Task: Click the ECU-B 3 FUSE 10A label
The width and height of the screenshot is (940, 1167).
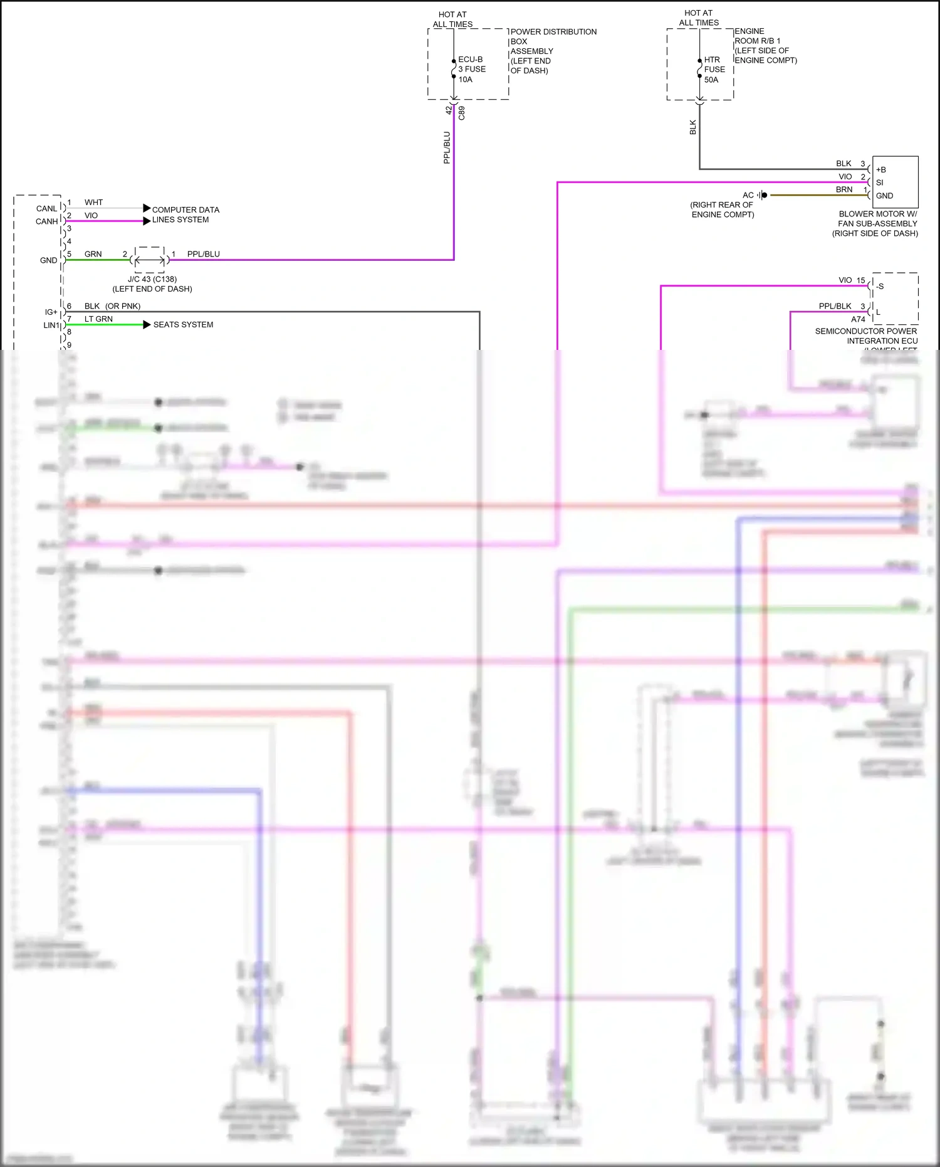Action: click(471, 69)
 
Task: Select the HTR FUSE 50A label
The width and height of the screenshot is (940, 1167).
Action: click(714, 70)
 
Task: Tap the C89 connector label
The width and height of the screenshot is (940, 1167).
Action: click(462, 113)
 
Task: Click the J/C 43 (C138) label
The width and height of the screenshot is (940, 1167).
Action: click(152, 279)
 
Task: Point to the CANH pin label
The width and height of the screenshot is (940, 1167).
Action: click(46, 221)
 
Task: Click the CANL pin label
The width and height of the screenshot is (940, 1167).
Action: click(46, 208)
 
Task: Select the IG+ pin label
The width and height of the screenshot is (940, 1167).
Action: click(51, 312)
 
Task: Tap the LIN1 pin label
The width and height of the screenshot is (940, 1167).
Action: click(51, 325)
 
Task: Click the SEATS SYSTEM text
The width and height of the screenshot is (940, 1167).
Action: click(183, 324)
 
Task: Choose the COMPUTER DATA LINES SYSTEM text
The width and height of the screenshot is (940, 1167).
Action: click(185, 214)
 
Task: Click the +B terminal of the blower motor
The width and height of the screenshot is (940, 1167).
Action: click(881, 169)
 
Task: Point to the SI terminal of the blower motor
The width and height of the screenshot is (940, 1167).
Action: click(879, 182)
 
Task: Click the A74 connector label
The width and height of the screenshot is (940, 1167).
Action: click(858, 319)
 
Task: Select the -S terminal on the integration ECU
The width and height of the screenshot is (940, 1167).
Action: click(880, 286)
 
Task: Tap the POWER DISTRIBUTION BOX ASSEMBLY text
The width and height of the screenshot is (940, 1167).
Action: click(553, 51)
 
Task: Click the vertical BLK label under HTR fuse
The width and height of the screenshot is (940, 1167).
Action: click(692, 127)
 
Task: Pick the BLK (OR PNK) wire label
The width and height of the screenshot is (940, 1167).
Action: click(112, 306)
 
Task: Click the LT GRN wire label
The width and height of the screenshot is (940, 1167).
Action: click(98, 319)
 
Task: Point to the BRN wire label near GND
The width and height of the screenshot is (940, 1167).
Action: click(843, 189)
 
